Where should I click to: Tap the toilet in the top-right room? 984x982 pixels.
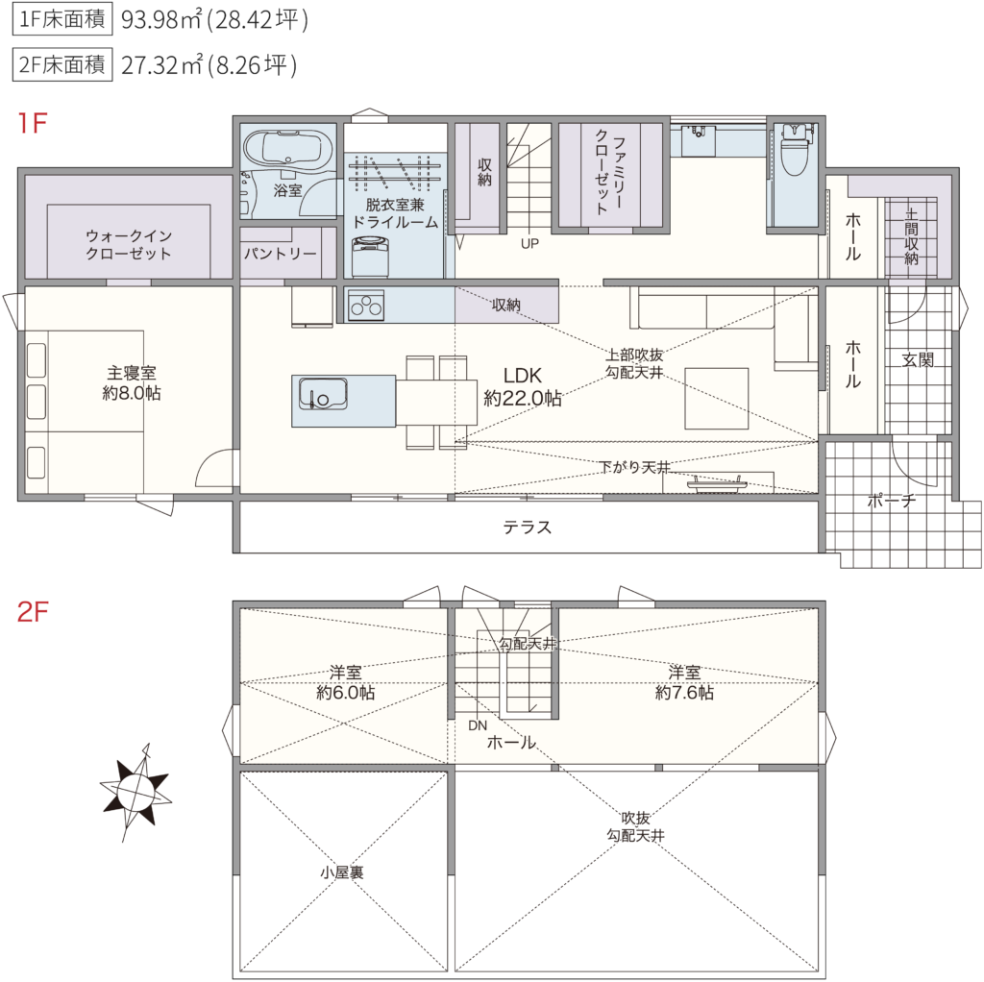(x=793, y=151)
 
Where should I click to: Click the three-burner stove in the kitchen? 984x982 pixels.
(x=366, y=306)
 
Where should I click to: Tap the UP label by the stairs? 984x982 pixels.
(x=529, y=243)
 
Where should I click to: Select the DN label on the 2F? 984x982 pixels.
(x=478, y=725)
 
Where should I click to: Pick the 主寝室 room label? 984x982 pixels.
(x=132, y=382)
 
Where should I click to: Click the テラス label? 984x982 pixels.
(x=528, y=528)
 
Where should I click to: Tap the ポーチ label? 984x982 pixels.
(x=892, y=500)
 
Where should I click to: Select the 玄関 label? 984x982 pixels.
(x=918, y=359)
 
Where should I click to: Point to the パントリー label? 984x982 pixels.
(x=281, y=254)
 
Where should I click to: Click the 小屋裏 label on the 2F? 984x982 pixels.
(x=342, y=872)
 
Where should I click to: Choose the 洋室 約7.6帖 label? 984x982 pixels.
(x=684, y=683)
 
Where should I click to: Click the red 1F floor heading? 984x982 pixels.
(x=33, y=123)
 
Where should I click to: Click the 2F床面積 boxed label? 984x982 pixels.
(x=62, y=64)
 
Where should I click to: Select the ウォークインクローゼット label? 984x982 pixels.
(x=129, y=245)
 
